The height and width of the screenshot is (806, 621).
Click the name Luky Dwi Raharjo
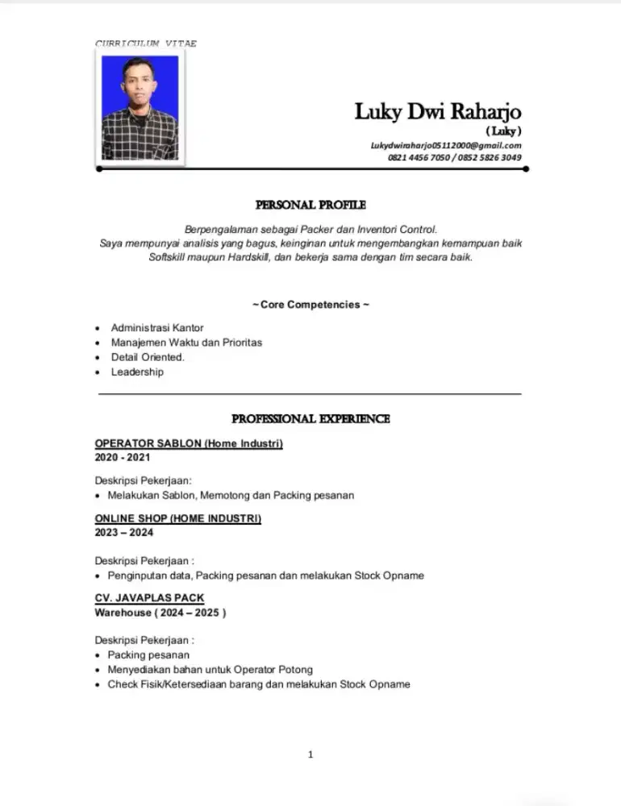[x=438, y=111]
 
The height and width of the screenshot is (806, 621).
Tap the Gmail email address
[x=446, y=145]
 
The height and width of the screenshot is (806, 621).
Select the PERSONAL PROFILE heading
[x=310, y=206]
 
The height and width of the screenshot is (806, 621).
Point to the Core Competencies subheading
[x=310, y=305]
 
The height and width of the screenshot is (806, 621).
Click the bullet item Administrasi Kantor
[x=157, y=328]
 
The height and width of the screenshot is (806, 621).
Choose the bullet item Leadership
[x=137, y=372]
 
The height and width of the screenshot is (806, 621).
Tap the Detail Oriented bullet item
[x=148, y=357]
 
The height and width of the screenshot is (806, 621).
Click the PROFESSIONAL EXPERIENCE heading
[x=310, y=419]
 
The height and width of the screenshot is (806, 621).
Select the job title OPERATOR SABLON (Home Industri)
[x=189, y=443]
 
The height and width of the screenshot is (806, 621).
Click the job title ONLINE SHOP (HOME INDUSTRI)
[x=177, y=518]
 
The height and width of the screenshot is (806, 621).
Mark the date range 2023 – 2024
[x=124, y=533]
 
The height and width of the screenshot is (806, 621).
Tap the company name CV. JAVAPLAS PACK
[x=149, y=598]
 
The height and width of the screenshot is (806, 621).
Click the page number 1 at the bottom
[x=310, y=754]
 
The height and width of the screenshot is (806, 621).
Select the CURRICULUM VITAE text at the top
[x=146, y=44]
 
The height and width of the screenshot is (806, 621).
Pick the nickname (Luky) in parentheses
[x=503, y=131]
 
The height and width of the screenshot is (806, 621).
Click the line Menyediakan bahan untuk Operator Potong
[x=210, y=670]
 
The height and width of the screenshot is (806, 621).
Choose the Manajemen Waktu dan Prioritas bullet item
[x=186, y=343]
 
